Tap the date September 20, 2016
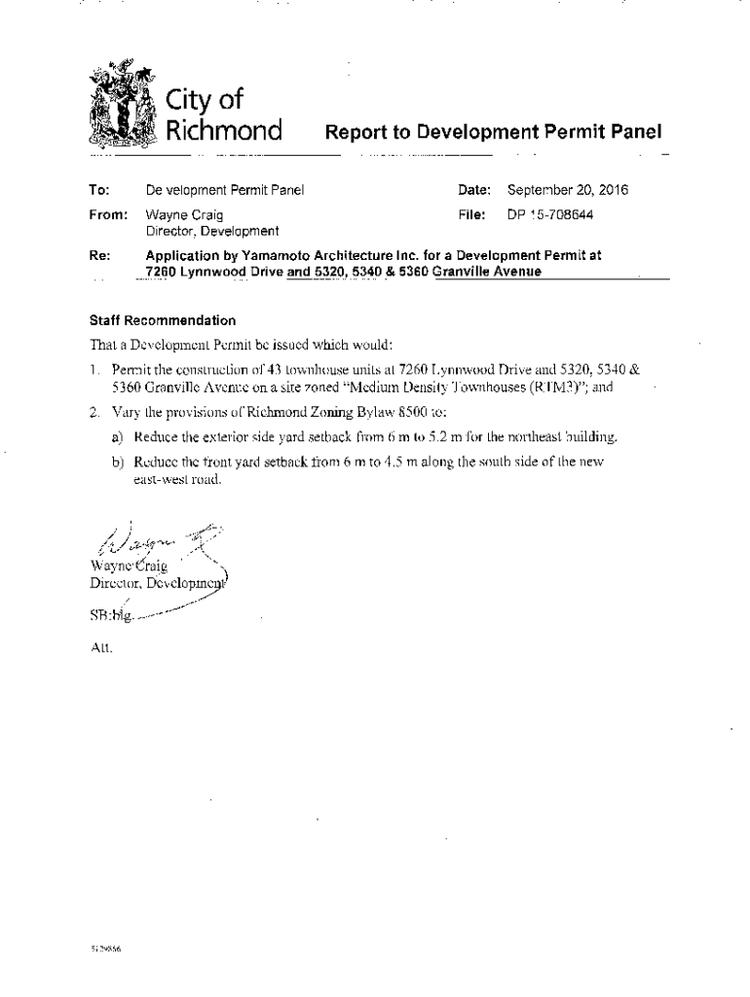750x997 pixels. click(568, 190)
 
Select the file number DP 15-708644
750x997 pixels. click(550, 213)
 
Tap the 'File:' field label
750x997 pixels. click(474, 213)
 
